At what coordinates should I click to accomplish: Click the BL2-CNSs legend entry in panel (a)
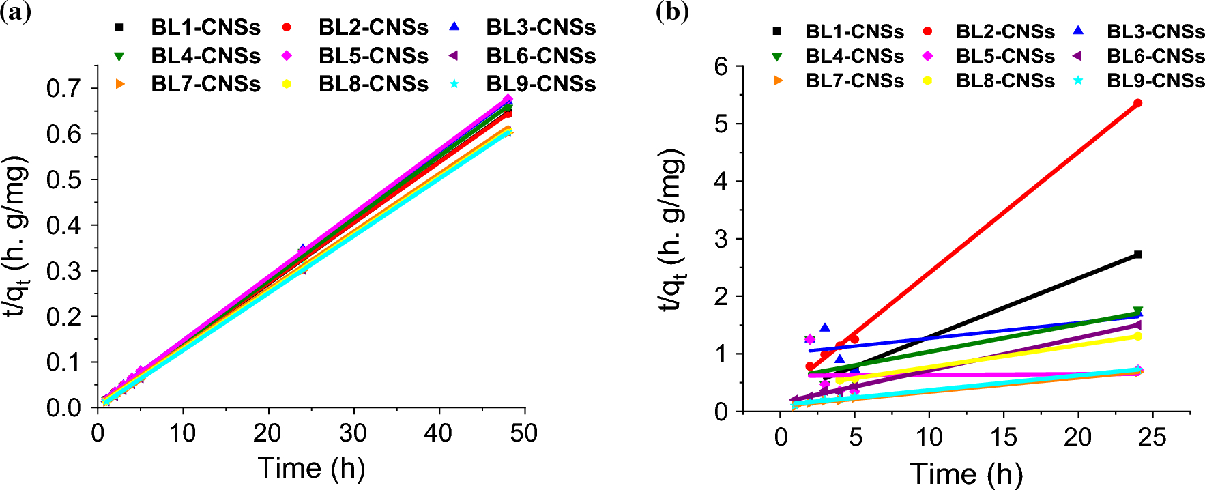(373, 28)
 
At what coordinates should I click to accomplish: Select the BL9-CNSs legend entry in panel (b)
(1155, 81)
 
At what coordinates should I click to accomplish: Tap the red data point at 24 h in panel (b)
(1137, 103)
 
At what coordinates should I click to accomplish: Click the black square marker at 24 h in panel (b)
(1137, 255)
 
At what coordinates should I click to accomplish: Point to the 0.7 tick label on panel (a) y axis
(63, 88)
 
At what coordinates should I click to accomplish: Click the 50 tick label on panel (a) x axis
(523, 433)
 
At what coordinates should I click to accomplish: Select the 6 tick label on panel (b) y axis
(721, 66)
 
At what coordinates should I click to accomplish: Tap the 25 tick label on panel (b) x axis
(1152, 437)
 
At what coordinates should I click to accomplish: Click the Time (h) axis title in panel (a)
(311, 468)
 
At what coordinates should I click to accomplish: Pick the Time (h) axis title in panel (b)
(966, 473)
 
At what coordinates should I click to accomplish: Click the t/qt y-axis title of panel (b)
(673, 232)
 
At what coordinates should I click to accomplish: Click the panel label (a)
(15, 12)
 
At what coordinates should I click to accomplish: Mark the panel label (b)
(672, 12)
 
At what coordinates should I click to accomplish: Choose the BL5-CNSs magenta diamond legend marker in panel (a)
(287, 56)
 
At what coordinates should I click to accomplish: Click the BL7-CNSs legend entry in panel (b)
(854, 81)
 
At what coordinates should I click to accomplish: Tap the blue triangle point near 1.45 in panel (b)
(825, 328)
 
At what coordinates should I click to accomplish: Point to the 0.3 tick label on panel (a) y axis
(63, 271)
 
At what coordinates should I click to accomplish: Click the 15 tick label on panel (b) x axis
(1004, 437)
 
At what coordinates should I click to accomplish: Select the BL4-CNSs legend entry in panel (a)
(205, 56)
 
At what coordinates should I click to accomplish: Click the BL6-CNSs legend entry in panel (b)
(1155, 56)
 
